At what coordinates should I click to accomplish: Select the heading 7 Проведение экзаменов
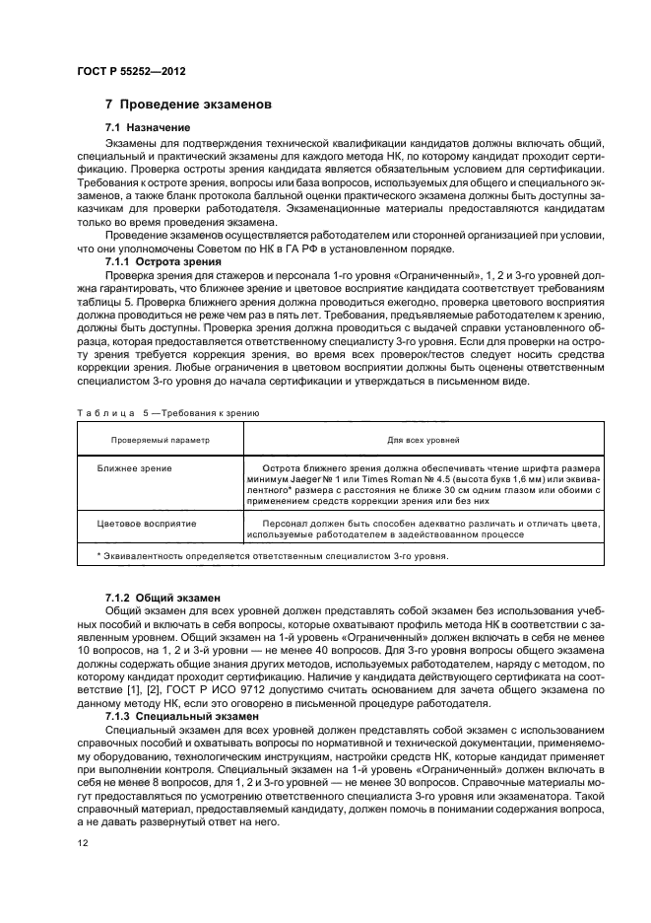coord(188,105)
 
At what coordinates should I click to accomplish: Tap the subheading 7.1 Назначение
coord(148,128)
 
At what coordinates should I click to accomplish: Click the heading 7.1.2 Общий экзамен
coord(163,598)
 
